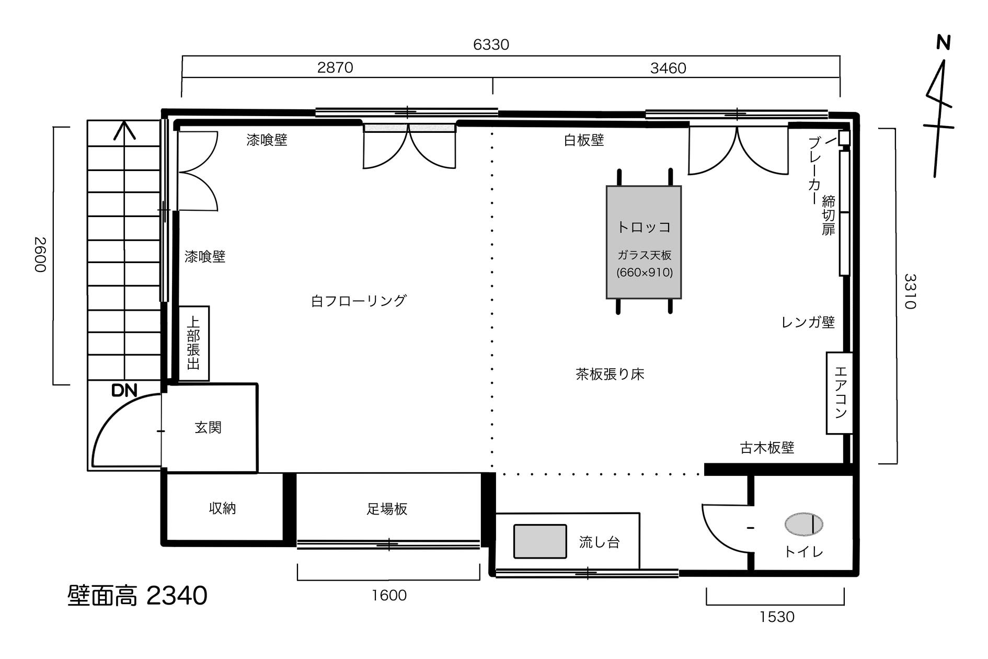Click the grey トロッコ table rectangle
[x=644, y=242]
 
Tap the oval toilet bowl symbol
[x=803, y=524]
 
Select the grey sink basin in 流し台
[x=540, y=541]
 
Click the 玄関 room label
[x=208, y=428]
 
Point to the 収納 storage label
[x=222, y=508]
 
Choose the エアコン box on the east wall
[x=840, y=393]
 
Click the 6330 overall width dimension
[x=491, y=45]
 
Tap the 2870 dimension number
[x=335, y=68]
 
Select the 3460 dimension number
[x=668, y=69]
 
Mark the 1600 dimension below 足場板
[x=389, y=595]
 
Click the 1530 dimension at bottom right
[x=776, y=617]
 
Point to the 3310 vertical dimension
[x=910, y=291]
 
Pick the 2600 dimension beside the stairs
[x=40, y=255]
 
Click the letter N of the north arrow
[x=943, y=42]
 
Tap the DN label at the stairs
[x=124, y=390]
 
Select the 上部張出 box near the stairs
[x=194, y=343]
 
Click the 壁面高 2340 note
[x=137, y=596]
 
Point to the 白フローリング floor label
[x=359, y=301]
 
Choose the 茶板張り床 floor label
[x=610, y=374]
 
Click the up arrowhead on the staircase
[x=124, y=130]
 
